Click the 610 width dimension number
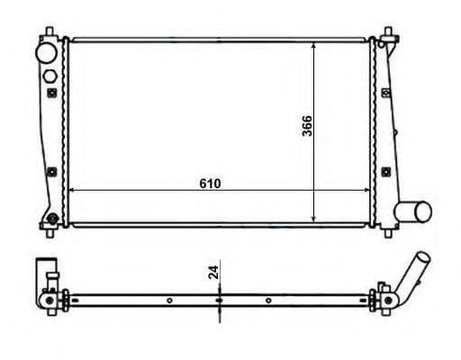[x=210, y=184]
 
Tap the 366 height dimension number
[x=307, y=126]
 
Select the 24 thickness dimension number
[x=213, y=273]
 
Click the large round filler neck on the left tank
[x=46, y=53]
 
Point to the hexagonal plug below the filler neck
[x=50, y=76]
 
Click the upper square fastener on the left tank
[x=52, y=93]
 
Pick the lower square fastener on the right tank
[x=386, y=172]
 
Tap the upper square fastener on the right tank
[x=386, y=93]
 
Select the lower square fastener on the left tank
[x=52, y=172]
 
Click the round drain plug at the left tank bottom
[x=53, y=219]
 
